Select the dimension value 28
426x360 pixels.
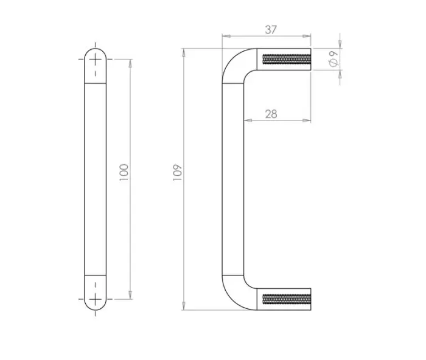coord(271,114)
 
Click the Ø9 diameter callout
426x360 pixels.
coord(333,59)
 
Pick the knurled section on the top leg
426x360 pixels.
coord(286,59)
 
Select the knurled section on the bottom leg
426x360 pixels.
coord(286,300)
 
